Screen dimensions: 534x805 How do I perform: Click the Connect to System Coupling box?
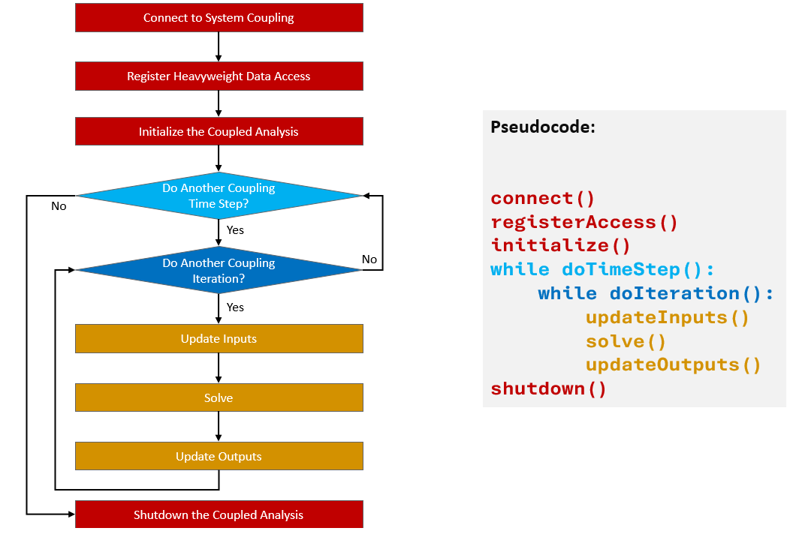click(219, 18)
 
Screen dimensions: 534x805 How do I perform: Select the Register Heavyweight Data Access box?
click(219, 76)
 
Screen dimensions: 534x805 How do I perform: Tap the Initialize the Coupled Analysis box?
click(219, 131)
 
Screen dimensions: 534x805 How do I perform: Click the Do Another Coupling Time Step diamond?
click(219, 196)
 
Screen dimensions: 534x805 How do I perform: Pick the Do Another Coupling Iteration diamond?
click(219, 271)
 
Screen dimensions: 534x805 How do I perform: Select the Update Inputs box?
click(219, 339)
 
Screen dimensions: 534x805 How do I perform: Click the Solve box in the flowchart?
click(219, 397)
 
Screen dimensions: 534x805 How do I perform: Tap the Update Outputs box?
click(219, 456)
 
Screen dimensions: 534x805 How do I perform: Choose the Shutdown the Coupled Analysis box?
click(219, 514)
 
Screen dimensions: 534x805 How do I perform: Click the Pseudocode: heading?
click(542, 127)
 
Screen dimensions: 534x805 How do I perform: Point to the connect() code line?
click(542, 199)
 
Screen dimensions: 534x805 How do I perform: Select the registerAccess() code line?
click(584, 223)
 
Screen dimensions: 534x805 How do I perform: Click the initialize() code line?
click(560, 246)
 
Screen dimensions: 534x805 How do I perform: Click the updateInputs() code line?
click(668, 318)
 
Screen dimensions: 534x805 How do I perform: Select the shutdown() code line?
click(548, 389)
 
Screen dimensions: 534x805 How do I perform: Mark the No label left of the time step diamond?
click(59, 206)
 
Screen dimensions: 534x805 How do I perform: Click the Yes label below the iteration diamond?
click(235, 307)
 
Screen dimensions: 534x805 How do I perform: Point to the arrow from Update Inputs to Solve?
click(219, 368)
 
